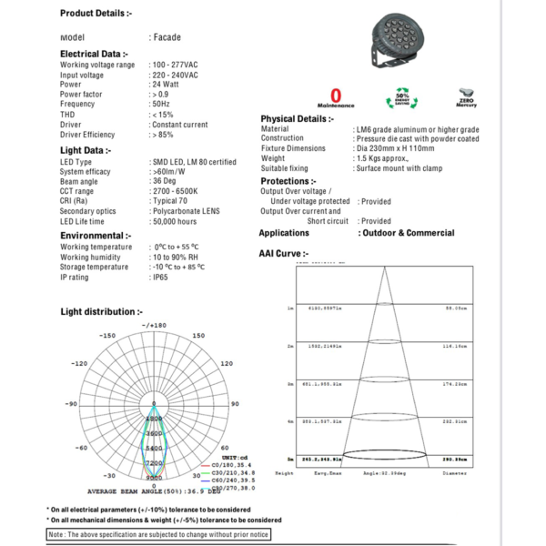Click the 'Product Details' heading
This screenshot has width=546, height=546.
pos(96,14)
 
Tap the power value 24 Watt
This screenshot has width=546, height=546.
pos(166,85)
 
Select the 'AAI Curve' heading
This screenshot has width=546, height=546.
pos(284,254)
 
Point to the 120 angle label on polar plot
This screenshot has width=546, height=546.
pos(226,363)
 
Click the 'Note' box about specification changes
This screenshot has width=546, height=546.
pos(159,534)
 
